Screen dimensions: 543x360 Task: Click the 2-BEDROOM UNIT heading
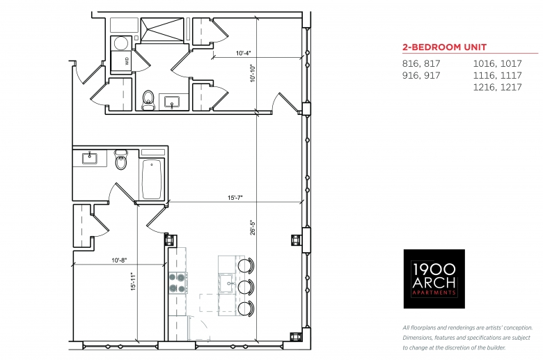click(444, 47)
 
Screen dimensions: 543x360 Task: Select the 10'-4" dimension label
click(244, 54)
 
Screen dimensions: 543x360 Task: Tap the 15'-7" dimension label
click(235, 198)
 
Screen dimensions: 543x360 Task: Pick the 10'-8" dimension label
click(120, 260)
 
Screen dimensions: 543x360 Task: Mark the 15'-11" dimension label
click(134, 281)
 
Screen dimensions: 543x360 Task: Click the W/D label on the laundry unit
click(127, 61)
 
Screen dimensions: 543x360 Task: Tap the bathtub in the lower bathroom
click(152, 179)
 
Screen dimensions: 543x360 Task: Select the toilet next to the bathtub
click(121, 159)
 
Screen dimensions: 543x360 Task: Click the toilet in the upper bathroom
click(148, 100)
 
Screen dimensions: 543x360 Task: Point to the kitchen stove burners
click(177, 283)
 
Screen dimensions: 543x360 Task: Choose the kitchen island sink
click(227, 283)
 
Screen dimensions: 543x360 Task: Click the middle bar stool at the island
click(246, 288)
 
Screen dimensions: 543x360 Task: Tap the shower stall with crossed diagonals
click(162, 30)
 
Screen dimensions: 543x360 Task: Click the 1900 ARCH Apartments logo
click(434, 279)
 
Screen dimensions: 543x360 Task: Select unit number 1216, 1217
click(497, 87)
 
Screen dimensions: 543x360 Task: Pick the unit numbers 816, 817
click(421, 63)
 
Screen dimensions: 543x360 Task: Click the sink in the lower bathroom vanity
click(90, 157)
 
